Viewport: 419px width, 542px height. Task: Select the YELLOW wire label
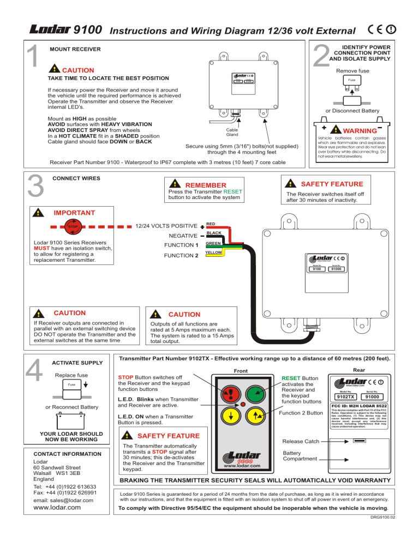(214, 253)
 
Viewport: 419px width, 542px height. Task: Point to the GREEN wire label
(213, 243)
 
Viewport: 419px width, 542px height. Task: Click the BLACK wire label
(214, 233)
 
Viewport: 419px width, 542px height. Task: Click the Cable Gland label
(231, 133)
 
